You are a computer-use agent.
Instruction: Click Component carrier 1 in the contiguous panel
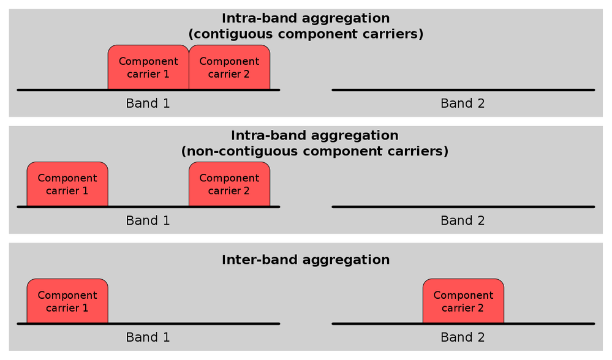tap(148, 67)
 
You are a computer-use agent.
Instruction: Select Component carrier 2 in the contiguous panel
tap(230, 67)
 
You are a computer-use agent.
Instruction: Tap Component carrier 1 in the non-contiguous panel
tap(67, 184)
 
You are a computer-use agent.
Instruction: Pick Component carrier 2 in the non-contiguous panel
tap(230, 184)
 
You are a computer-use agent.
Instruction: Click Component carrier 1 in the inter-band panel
tap(67, 301)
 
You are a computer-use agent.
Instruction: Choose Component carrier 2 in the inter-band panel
tap(463, 301)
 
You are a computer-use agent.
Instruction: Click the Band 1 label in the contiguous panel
tap(148, 103)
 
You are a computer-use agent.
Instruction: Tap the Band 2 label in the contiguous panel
tap(463, 103)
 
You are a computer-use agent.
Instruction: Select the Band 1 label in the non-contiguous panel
tap(148, 220)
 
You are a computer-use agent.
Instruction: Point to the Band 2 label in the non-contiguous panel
tap(463, 220)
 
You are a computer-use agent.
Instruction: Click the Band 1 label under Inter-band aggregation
tap(148, 337)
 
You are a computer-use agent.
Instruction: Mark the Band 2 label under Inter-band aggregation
tap(463, 337)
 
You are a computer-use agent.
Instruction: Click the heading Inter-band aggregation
tap(306, 260)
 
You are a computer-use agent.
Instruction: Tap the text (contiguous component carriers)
tap(306, 34)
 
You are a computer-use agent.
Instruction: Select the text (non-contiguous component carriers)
tap(315, 151)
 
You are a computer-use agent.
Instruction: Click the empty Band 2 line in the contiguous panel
tap(463, 90)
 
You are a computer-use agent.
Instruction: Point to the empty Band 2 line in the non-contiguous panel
tap(463, 207)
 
